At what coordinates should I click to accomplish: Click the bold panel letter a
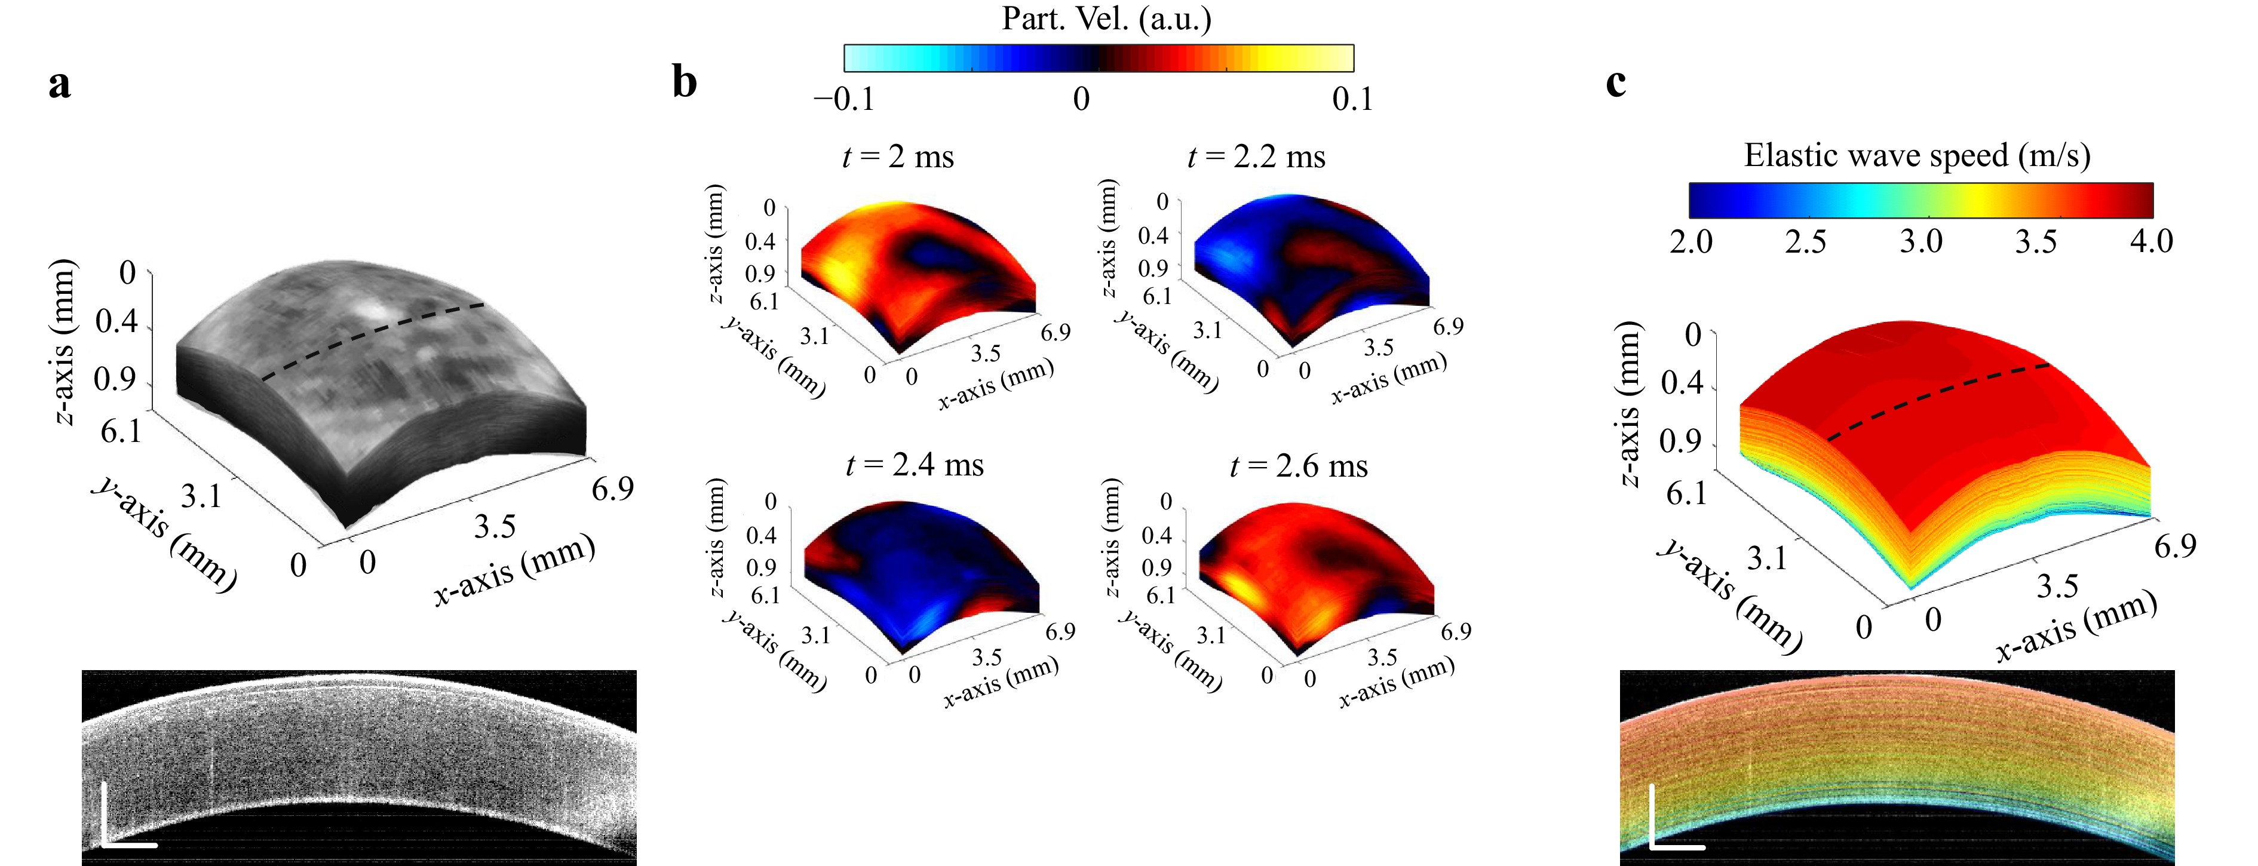click(x=60, y=85)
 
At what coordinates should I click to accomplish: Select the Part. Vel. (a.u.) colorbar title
click(x=1106, y=19)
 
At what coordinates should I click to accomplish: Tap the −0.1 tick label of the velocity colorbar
click(x=844, y=99)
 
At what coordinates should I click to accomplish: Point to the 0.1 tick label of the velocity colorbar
click(x=1352, y=99)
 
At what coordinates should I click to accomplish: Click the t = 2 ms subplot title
click(x=898, y=157)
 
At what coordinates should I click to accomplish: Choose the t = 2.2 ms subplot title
click(x=1256, y=157)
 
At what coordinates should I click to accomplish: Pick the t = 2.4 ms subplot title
click(x=914, y=465)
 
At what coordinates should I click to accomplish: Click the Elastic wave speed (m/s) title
click(x=1917, y=155)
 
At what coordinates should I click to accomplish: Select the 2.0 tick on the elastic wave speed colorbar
click(x=1691, y=241)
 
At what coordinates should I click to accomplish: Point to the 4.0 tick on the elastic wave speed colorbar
click(x=2151, y=241)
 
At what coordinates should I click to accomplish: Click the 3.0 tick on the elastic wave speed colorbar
click(x=1920, y=241)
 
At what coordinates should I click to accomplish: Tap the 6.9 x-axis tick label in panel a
click(x=612, y=488)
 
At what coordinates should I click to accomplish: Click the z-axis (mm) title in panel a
click(x=62, y=342)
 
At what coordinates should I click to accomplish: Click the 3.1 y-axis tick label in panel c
click(x=1766, y=557)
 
